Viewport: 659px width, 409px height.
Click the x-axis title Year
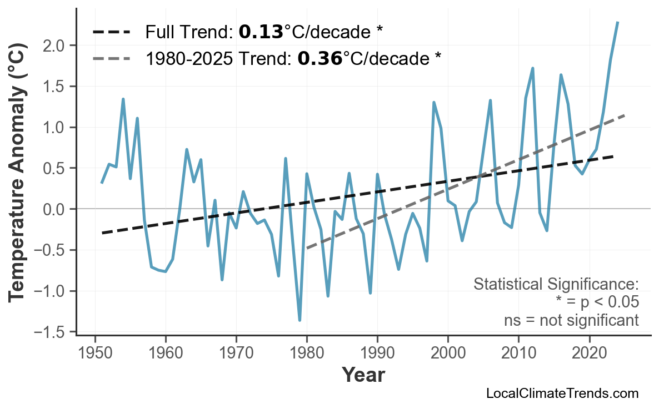click(x=363, y=375)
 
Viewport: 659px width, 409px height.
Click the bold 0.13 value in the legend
click(x=261, y=32)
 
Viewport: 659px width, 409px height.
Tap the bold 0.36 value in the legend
click(x=319, y=58)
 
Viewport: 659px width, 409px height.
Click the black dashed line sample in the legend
click(x=112, y=32)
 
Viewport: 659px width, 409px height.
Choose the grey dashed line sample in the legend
click(x=112, y=58)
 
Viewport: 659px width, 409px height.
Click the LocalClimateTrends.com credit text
click(x=562, y=393)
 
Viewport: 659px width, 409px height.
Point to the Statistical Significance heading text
click(x=556, y=285)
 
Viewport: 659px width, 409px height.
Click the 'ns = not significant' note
click(x=571, y=320)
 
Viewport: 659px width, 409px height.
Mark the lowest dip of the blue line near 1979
click(x=299, y=320)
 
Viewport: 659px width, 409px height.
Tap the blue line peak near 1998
click(x=433, y=102)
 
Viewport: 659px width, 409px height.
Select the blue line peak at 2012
click(x=532, y=68)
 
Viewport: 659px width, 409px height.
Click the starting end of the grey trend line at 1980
click(x=307, y=248)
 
